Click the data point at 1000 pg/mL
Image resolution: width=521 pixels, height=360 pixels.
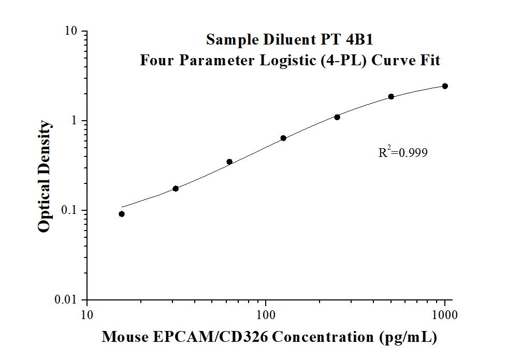point(445,86)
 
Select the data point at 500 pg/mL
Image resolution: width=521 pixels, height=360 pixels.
point(391,96)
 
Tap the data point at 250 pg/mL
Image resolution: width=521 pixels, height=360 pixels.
point(337,117)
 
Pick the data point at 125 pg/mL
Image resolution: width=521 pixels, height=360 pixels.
point(283,138)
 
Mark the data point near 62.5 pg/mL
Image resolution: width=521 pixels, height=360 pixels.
point(229,162)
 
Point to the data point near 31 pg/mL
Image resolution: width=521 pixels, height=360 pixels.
point(176,189)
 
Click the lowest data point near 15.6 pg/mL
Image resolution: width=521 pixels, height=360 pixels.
point(122,214)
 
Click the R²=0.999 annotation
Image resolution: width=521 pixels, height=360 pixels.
point(403,152)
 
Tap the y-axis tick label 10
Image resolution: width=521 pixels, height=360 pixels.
point(71,31)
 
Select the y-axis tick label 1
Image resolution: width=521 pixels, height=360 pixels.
point(75,121)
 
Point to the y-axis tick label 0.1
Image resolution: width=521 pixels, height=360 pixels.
point(69,210)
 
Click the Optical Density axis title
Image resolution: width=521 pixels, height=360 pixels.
point(45,177)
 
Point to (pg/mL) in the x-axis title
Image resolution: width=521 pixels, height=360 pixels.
point(406,338)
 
